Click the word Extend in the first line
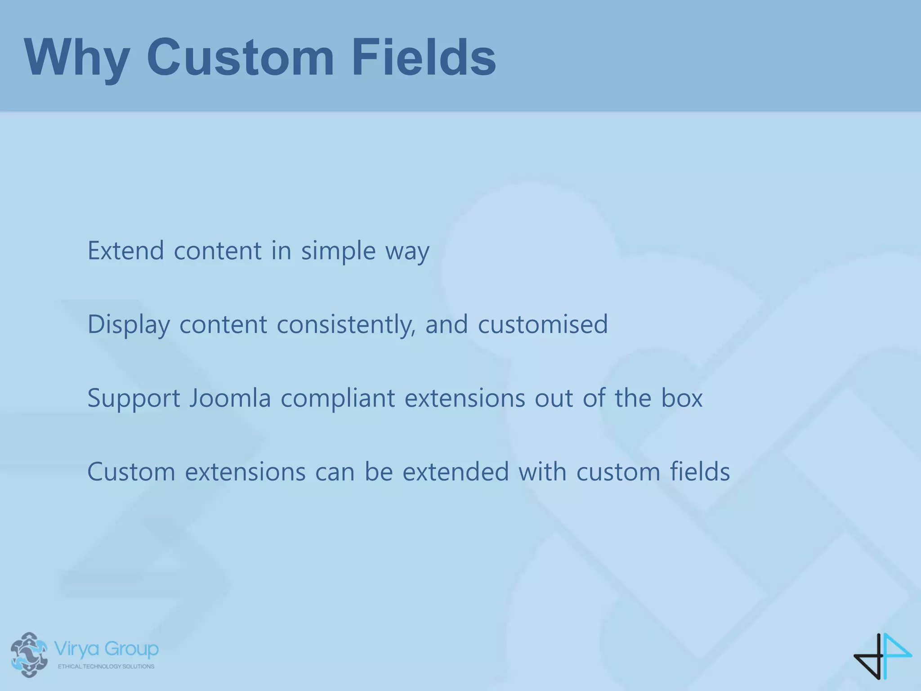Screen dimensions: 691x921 (x=125, y=251)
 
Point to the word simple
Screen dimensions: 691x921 (x=338, y=251)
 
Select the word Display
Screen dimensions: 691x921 (x=129, y=324)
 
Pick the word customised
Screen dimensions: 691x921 (x=543, y=324)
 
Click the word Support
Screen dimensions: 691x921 (x=134, y=399)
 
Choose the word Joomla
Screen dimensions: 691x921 (x=229, y=399)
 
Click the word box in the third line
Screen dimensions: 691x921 (x=681, y=399)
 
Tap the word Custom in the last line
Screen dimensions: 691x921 (x=131, y=472)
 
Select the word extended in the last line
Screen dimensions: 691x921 (x=456, y=472)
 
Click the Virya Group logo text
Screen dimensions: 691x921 (x=106, y=649)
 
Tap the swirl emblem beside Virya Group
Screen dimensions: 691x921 (x=29, y=655)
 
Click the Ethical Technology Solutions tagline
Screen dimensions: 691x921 (x=106, y=666)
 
